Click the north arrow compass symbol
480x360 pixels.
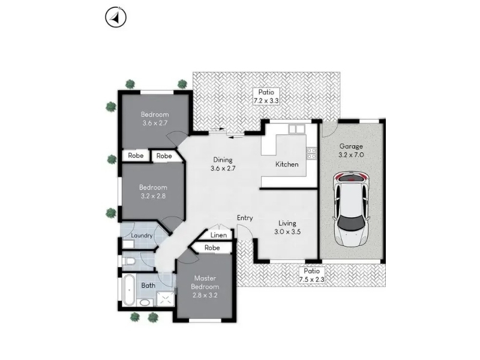116,17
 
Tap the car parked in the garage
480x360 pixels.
351,209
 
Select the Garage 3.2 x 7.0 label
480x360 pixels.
351,151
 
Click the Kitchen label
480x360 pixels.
287,164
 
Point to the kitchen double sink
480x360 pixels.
296,129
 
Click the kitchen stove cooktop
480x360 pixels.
311,153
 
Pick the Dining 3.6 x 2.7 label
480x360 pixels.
223,164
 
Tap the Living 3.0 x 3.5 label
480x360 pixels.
287,227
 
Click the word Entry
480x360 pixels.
245,218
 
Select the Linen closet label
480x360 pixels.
218,235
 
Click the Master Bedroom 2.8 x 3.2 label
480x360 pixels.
205,287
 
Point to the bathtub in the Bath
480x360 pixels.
129,290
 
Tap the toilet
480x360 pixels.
129,262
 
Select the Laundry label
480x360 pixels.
142,235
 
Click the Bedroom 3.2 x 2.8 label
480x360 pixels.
153,191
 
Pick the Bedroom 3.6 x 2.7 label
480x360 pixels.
155,119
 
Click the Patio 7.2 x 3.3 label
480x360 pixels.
266,97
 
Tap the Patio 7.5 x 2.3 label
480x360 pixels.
311,275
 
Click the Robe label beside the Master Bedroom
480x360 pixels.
212,247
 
